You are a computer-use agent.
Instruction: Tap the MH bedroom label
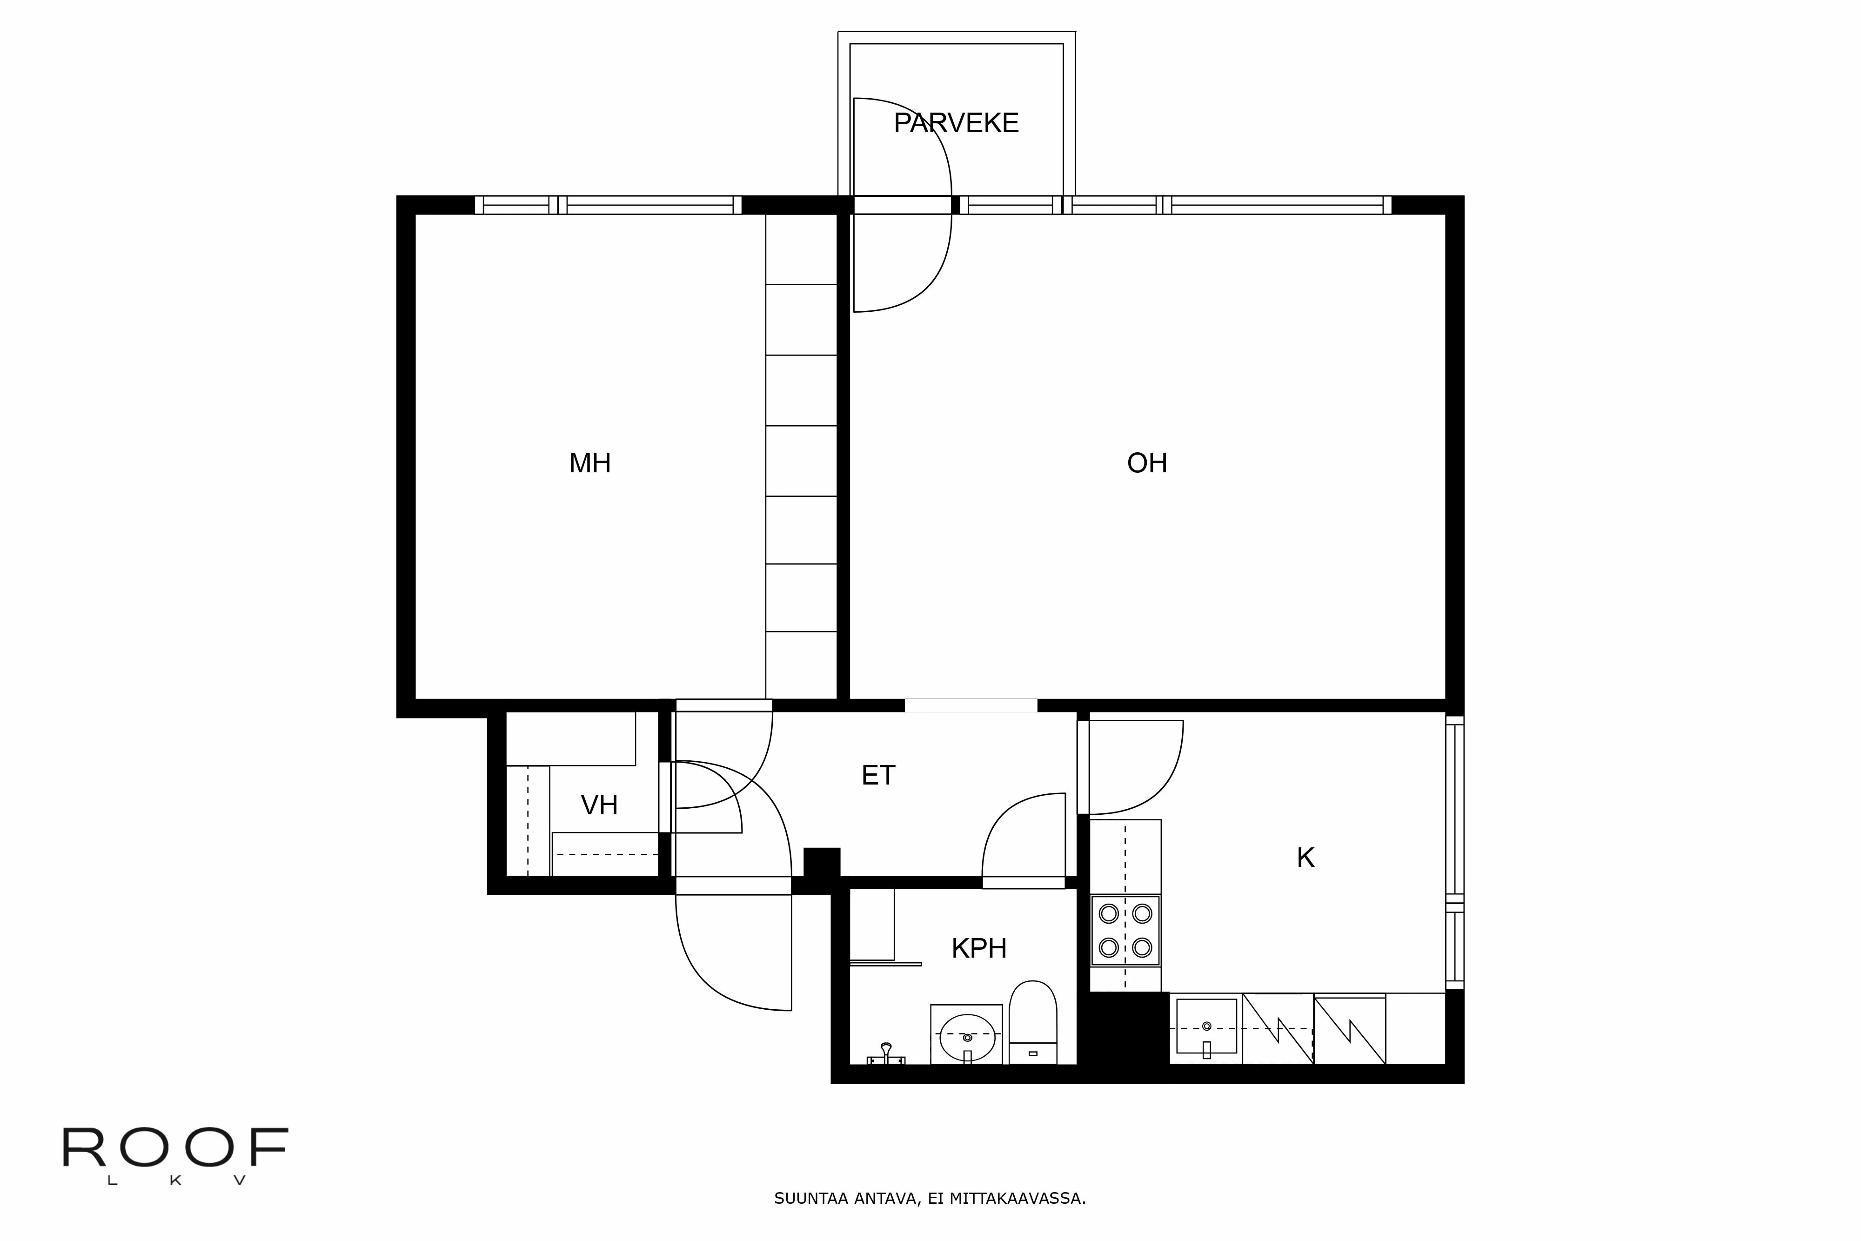click(590, 463)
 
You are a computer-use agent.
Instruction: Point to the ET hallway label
click(878, 776)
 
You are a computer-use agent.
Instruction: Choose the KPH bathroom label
click(979, 948)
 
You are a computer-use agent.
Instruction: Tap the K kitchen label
click(1305, 858)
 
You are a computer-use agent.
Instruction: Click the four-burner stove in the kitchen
click(1125, 931)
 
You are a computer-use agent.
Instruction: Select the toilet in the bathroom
click(1032, 1021)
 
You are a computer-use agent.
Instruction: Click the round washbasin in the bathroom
click(967, 1037)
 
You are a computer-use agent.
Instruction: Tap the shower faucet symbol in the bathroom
click(886, 1054)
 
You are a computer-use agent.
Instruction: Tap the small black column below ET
click(821, 863)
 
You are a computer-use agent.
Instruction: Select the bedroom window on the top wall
click(608, 205)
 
